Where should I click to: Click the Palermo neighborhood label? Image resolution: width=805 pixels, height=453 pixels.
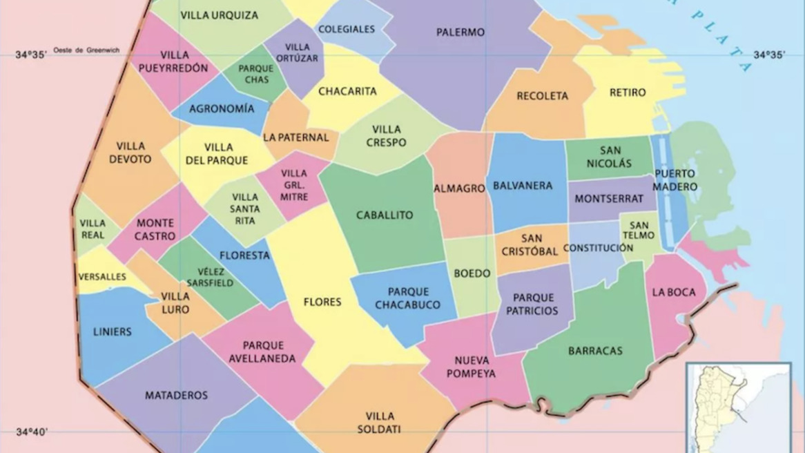[460, 32]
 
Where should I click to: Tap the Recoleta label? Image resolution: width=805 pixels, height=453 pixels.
[542, 96]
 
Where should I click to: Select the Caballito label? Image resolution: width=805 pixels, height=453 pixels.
[385, 215]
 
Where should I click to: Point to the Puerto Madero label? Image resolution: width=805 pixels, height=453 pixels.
[675, 180]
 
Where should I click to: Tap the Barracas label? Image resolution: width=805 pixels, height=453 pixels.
[595, 351]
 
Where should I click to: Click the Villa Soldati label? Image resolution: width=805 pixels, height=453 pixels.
[380, 423]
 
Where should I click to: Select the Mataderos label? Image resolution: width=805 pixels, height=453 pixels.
[176, 396]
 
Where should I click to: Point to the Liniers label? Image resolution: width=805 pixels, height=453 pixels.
[112, 332]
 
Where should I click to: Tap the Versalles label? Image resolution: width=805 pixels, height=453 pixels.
[102, 277]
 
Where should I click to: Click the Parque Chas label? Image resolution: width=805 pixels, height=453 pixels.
[256, 74]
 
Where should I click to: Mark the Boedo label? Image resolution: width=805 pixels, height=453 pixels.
[472, 273]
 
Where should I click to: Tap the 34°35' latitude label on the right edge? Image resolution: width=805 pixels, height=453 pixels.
[769, 55]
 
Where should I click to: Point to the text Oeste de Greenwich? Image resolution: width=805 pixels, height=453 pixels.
[86, 50]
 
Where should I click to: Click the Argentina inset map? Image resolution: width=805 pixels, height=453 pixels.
[737, 407]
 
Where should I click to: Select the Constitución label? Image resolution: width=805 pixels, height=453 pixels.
[598, 248]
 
